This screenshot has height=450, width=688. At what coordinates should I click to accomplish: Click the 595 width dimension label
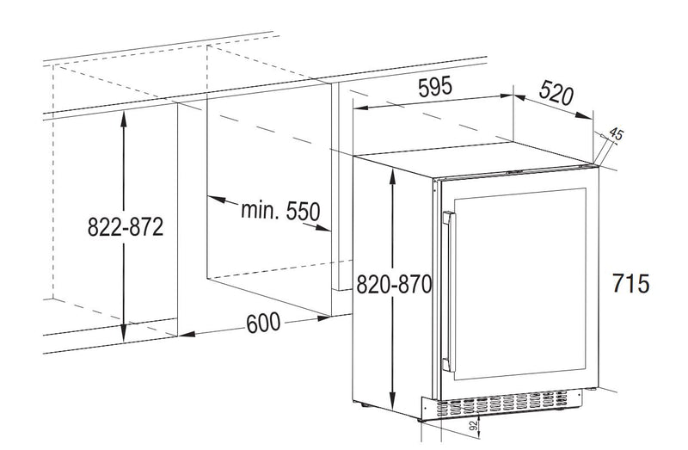[434, 87]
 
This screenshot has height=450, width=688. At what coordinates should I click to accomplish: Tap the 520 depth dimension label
[556, 94]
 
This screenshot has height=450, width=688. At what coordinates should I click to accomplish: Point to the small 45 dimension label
[616, 134]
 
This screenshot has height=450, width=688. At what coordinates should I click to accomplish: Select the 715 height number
[630, 283]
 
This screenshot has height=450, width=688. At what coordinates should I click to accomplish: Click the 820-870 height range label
[394, 284]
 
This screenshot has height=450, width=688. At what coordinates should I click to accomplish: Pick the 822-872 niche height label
[126, 227]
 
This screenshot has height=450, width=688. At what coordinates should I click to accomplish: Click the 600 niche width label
[263, 324]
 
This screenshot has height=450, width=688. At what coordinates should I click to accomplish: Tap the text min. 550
[281, 210]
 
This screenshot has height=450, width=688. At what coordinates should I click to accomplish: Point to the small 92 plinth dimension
[473, 425]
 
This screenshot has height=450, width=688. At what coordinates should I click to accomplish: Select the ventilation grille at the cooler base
[501, 404]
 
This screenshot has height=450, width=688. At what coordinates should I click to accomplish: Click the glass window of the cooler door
[520, 284]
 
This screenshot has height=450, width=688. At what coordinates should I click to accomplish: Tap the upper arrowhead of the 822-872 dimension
[124, 119]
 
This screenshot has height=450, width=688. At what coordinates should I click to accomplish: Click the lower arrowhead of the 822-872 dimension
[124, 332]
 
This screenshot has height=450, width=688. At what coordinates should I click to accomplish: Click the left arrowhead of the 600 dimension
[187, 335]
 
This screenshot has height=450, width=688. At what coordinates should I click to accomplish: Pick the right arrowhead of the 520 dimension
[584, 115]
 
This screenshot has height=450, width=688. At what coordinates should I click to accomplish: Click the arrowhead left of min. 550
[216, 200]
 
